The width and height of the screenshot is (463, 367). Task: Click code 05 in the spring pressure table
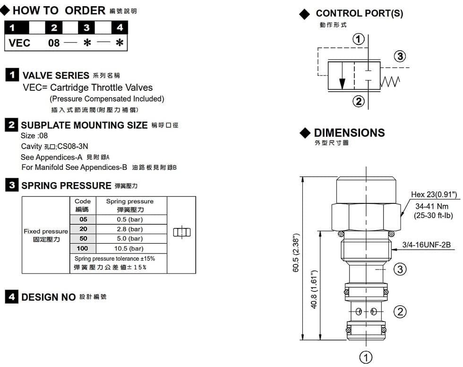[83, 219]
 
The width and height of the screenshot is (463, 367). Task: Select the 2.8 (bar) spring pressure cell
[129, 229]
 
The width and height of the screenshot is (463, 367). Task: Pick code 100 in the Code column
[82, 248]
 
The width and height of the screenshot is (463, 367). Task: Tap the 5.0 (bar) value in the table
[129, 238]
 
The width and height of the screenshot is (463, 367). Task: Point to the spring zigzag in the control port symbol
[390, 81]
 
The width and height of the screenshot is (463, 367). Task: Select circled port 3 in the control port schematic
[400, 56]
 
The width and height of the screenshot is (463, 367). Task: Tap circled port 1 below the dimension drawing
[366, 357]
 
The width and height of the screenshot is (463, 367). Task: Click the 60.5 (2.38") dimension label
[296, 253]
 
